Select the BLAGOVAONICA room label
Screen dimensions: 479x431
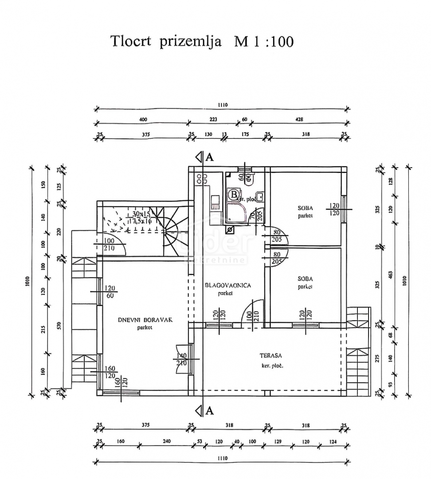(228, 285)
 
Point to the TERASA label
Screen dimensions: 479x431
(271, 355)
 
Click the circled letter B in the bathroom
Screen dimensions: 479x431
(233, 194)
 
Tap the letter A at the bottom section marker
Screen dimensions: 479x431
(210, 411)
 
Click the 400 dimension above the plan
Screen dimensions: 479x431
(142, 119)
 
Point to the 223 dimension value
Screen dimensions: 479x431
(213, 119)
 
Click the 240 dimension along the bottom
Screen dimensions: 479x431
(166, 442)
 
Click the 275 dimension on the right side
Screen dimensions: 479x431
(378, 358)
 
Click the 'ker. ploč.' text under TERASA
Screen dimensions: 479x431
(272, 366)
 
